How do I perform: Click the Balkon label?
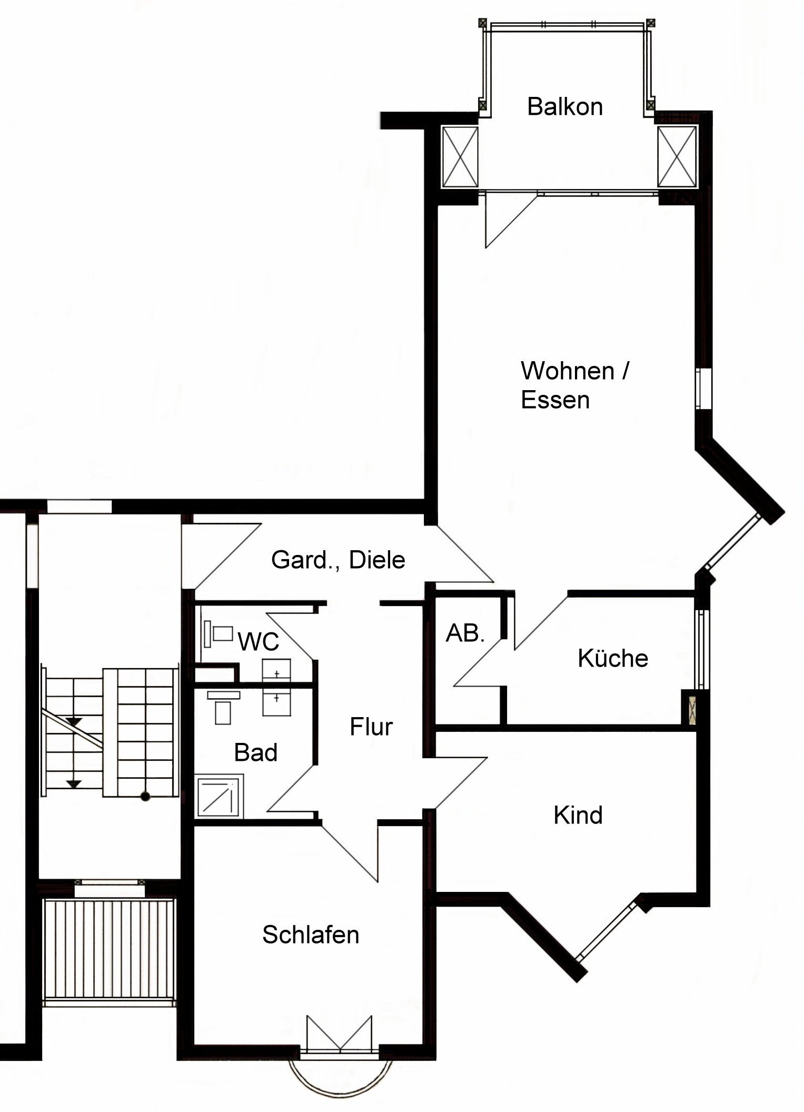coord(564,107)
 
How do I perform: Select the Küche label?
coord(612,659)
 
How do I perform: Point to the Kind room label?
coord(578,816)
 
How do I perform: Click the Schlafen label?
coord(311,935)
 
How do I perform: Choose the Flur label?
coord(371,727)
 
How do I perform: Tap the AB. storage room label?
coord(465,633)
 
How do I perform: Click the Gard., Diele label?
coord(338,560)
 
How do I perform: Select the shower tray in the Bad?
coord(219,796)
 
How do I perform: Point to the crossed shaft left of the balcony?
coord(460,157)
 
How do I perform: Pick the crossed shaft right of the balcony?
coord(677,157)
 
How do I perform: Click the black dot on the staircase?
coord(145,797)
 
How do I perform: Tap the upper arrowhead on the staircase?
coord(74,722)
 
